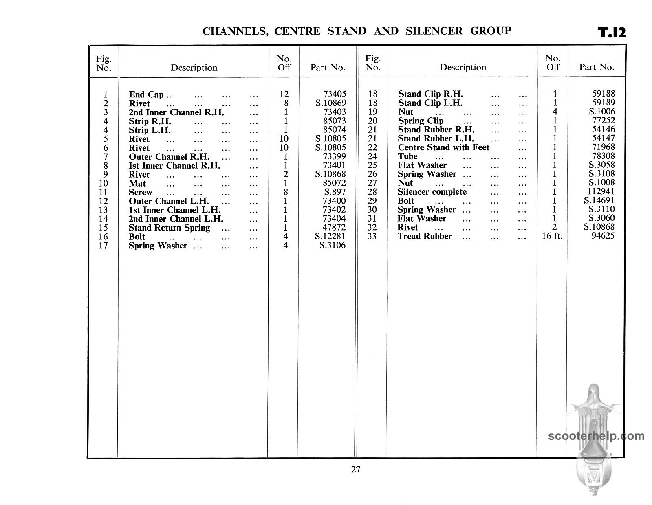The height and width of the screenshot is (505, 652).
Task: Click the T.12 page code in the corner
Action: (x=611, y=33)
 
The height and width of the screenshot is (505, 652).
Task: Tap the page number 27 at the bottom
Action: (x=355, y=470)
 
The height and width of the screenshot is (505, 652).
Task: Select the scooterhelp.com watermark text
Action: (x=596, y=436)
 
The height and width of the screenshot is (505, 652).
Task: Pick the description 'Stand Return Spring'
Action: (x=169, y=228)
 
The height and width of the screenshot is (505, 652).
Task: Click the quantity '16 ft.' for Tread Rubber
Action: (x=552, y=236)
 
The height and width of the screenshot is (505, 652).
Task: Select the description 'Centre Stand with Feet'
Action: (x=443, y=147)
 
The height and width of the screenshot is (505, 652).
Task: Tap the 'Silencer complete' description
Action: (x=432, y=192)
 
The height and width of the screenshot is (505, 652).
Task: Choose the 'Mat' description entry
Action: (x=137, y=183)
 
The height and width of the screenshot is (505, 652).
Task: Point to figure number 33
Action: (x=372, y=236)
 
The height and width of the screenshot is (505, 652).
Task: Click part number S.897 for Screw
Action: (x=335, y=192)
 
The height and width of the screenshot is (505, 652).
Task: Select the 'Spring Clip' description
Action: (x=421, y=121)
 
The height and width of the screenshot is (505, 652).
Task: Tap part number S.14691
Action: (x=599, y=200)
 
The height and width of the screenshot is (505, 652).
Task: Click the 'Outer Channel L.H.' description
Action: (x=169, y=201)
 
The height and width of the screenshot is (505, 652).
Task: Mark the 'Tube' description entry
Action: (x=407, y=156)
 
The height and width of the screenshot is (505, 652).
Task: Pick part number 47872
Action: (x=334, y=228)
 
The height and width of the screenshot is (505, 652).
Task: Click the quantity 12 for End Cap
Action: (x=284, y=94)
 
